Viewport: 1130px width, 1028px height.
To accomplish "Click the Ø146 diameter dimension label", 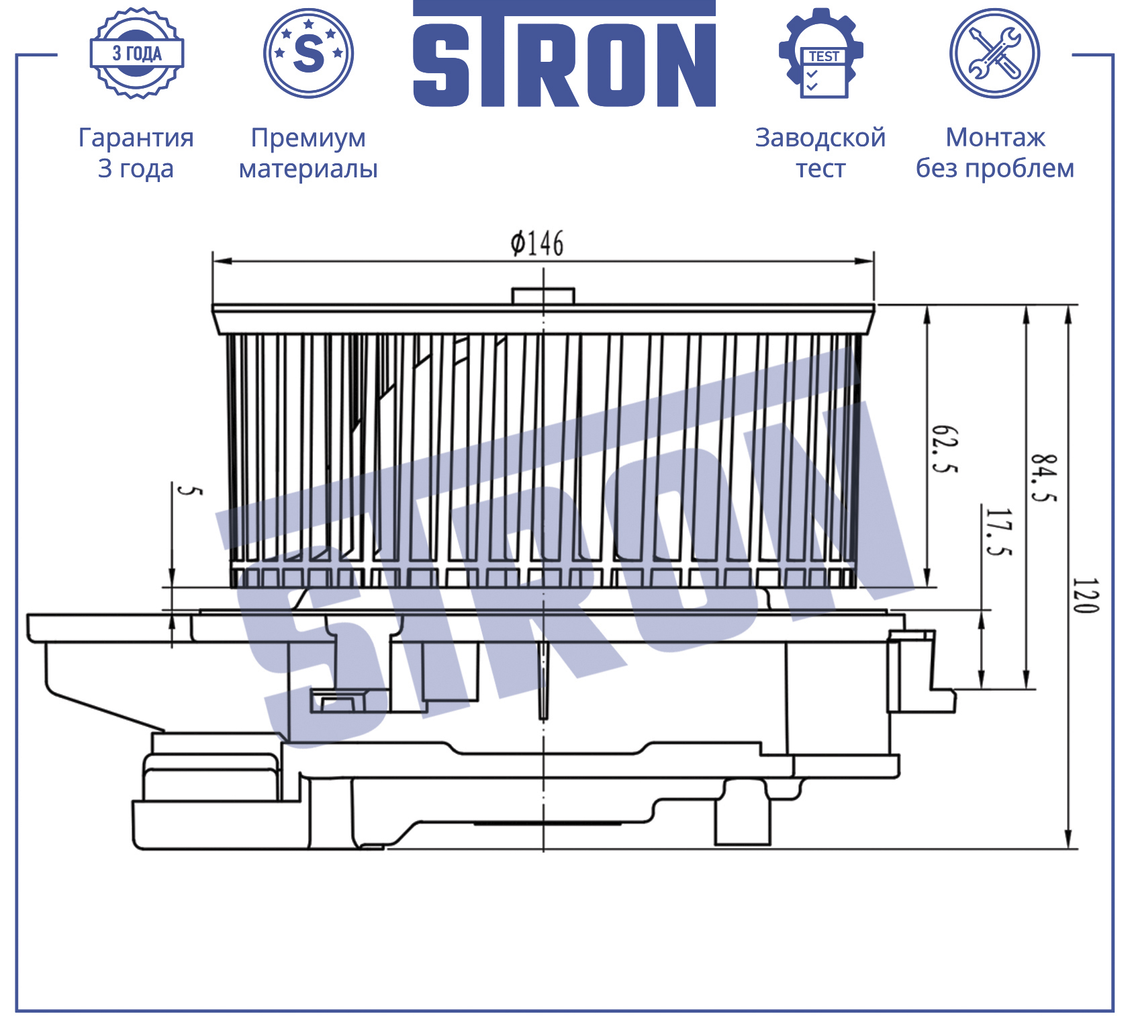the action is [x=537, y=243].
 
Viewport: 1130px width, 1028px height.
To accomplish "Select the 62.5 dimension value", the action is [x=945, y=449].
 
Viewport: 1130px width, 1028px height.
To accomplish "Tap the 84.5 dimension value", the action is [x=1044, y=478].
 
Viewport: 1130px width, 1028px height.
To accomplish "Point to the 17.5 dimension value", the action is [x=998, y=532].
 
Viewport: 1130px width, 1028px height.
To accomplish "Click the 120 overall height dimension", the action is [x=1086, y=595].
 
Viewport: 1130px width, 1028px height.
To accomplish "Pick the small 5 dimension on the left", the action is [x=189, y=490].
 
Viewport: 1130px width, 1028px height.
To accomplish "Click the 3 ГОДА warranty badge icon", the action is [x=137, y=54].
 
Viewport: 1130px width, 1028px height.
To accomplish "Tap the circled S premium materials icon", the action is [x=309, y=54].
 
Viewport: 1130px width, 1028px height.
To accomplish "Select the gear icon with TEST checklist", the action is [x=820, y=54].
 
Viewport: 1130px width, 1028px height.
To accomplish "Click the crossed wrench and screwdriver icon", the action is [x=994, y=54].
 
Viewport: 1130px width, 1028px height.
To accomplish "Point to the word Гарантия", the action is [x=136, y=138].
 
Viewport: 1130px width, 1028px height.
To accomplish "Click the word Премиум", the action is [x=309, y=138].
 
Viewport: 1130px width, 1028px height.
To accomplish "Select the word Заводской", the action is [x=820, y=138].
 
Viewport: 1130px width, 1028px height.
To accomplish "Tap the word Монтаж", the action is [x=995, y=138].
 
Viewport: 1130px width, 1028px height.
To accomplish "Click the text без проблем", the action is [x=995, y=168].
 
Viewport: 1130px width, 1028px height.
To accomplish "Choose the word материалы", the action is [x=308, y=169].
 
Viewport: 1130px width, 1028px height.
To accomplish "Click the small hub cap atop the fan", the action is [x=543, y=296].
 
